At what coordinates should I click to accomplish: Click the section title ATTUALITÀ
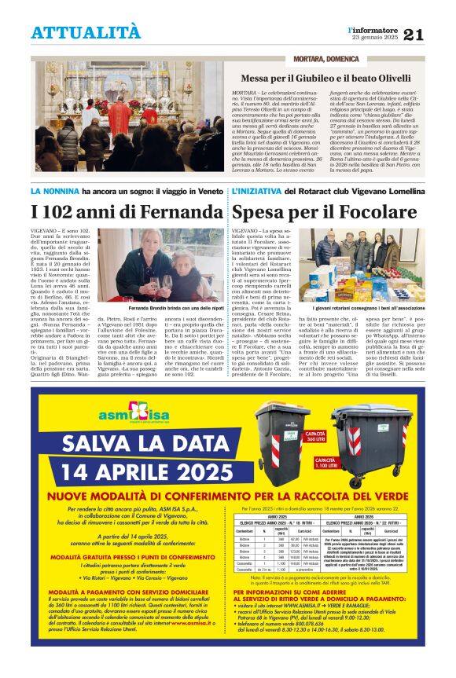86,32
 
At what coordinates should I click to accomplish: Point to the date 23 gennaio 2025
375,38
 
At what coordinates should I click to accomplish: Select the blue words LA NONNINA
54,192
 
